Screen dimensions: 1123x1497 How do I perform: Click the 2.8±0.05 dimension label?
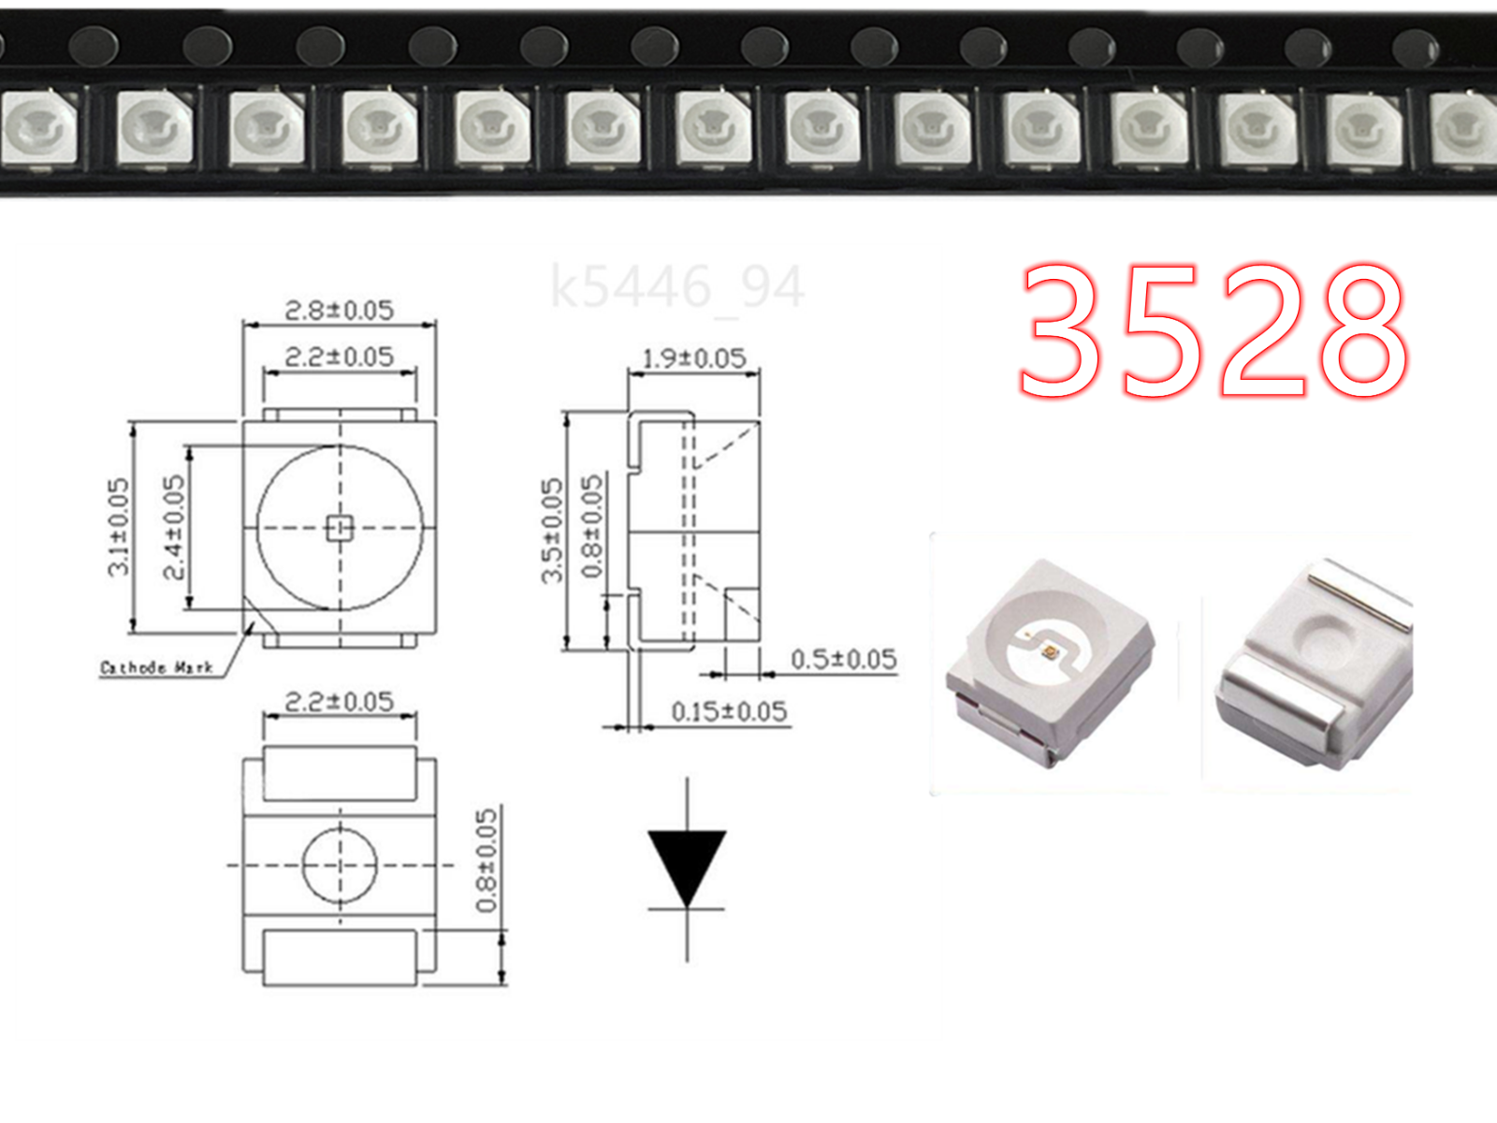(x=339, y=310)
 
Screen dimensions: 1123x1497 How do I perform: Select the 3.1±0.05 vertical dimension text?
(x=119, y=527)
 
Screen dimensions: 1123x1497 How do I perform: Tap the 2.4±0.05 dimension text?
(x=174, y=527)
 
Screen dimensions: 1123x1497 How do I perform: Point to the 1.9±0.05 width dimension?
(x=693, y=358)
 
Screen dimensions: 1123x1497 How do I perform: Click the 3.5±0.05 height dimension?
(x=553, y=530)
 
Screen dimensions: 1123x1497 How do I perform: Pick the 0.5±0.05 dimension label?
(x=843, y=660)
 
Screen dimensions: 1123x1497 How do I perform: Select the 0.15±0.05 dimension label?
(x=729, y=712)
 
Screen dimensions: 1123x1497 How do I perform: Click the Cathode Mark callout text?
(x=156, y=667)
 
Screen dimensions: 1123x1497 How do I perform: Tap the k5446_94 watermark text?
(x=676, y=286)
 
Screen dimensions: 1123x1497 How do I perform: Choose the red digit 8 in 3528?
(x=1358, y=330)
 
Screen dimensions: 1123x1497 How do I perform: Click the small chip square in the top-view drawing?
(x=339, y=529)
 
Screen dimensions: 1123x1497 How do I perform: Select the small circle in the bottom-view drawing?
(x=340, y=865)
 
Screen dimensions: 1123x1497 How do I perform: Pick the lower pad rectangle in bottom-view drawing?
(x=339, y=957)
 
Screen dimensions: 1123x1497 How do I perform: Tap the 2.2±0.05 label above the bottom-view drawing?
(x=339, y=702)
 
